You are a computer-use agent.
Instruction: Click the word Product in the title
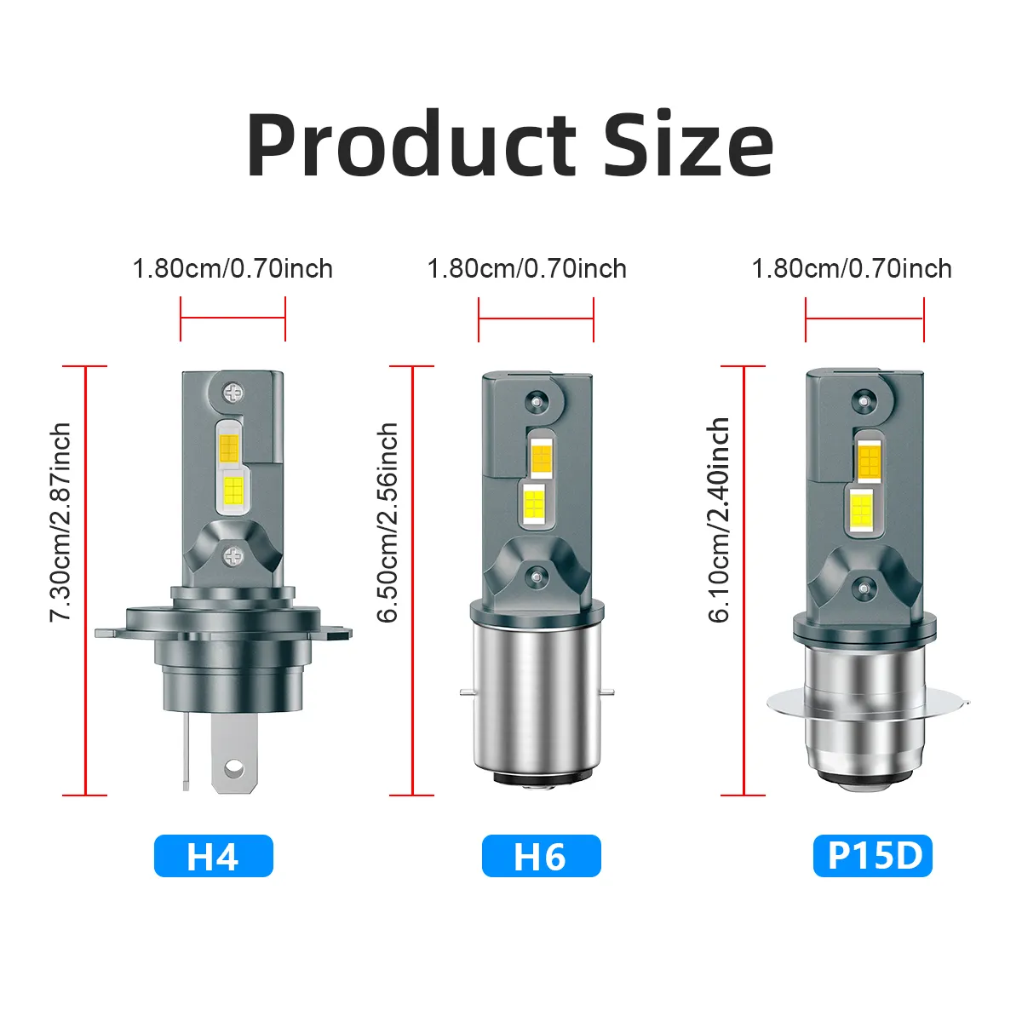click(x=411, y=144)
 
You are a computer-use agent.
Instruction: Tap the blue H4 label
click(x=213, y=857)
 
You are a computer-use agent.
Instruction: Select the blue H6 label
click(x=541, y=857)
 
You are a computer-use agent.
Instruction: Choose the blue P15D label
click(x=872, y=857)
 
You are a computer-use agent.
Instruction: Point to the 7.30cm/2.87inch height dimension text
click(x=60, y=522)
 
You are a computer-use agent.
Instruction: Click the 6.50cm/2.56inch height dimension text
click(x=388, y=522)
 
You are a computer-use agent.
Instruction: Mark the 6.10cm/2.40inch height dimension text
click(x=719, y=520)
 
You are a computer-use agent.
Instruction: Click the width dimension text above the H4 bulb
click(x=233, y=269)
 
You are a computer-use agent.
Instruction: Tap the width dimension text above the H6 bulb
click(x=527, y=269)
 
